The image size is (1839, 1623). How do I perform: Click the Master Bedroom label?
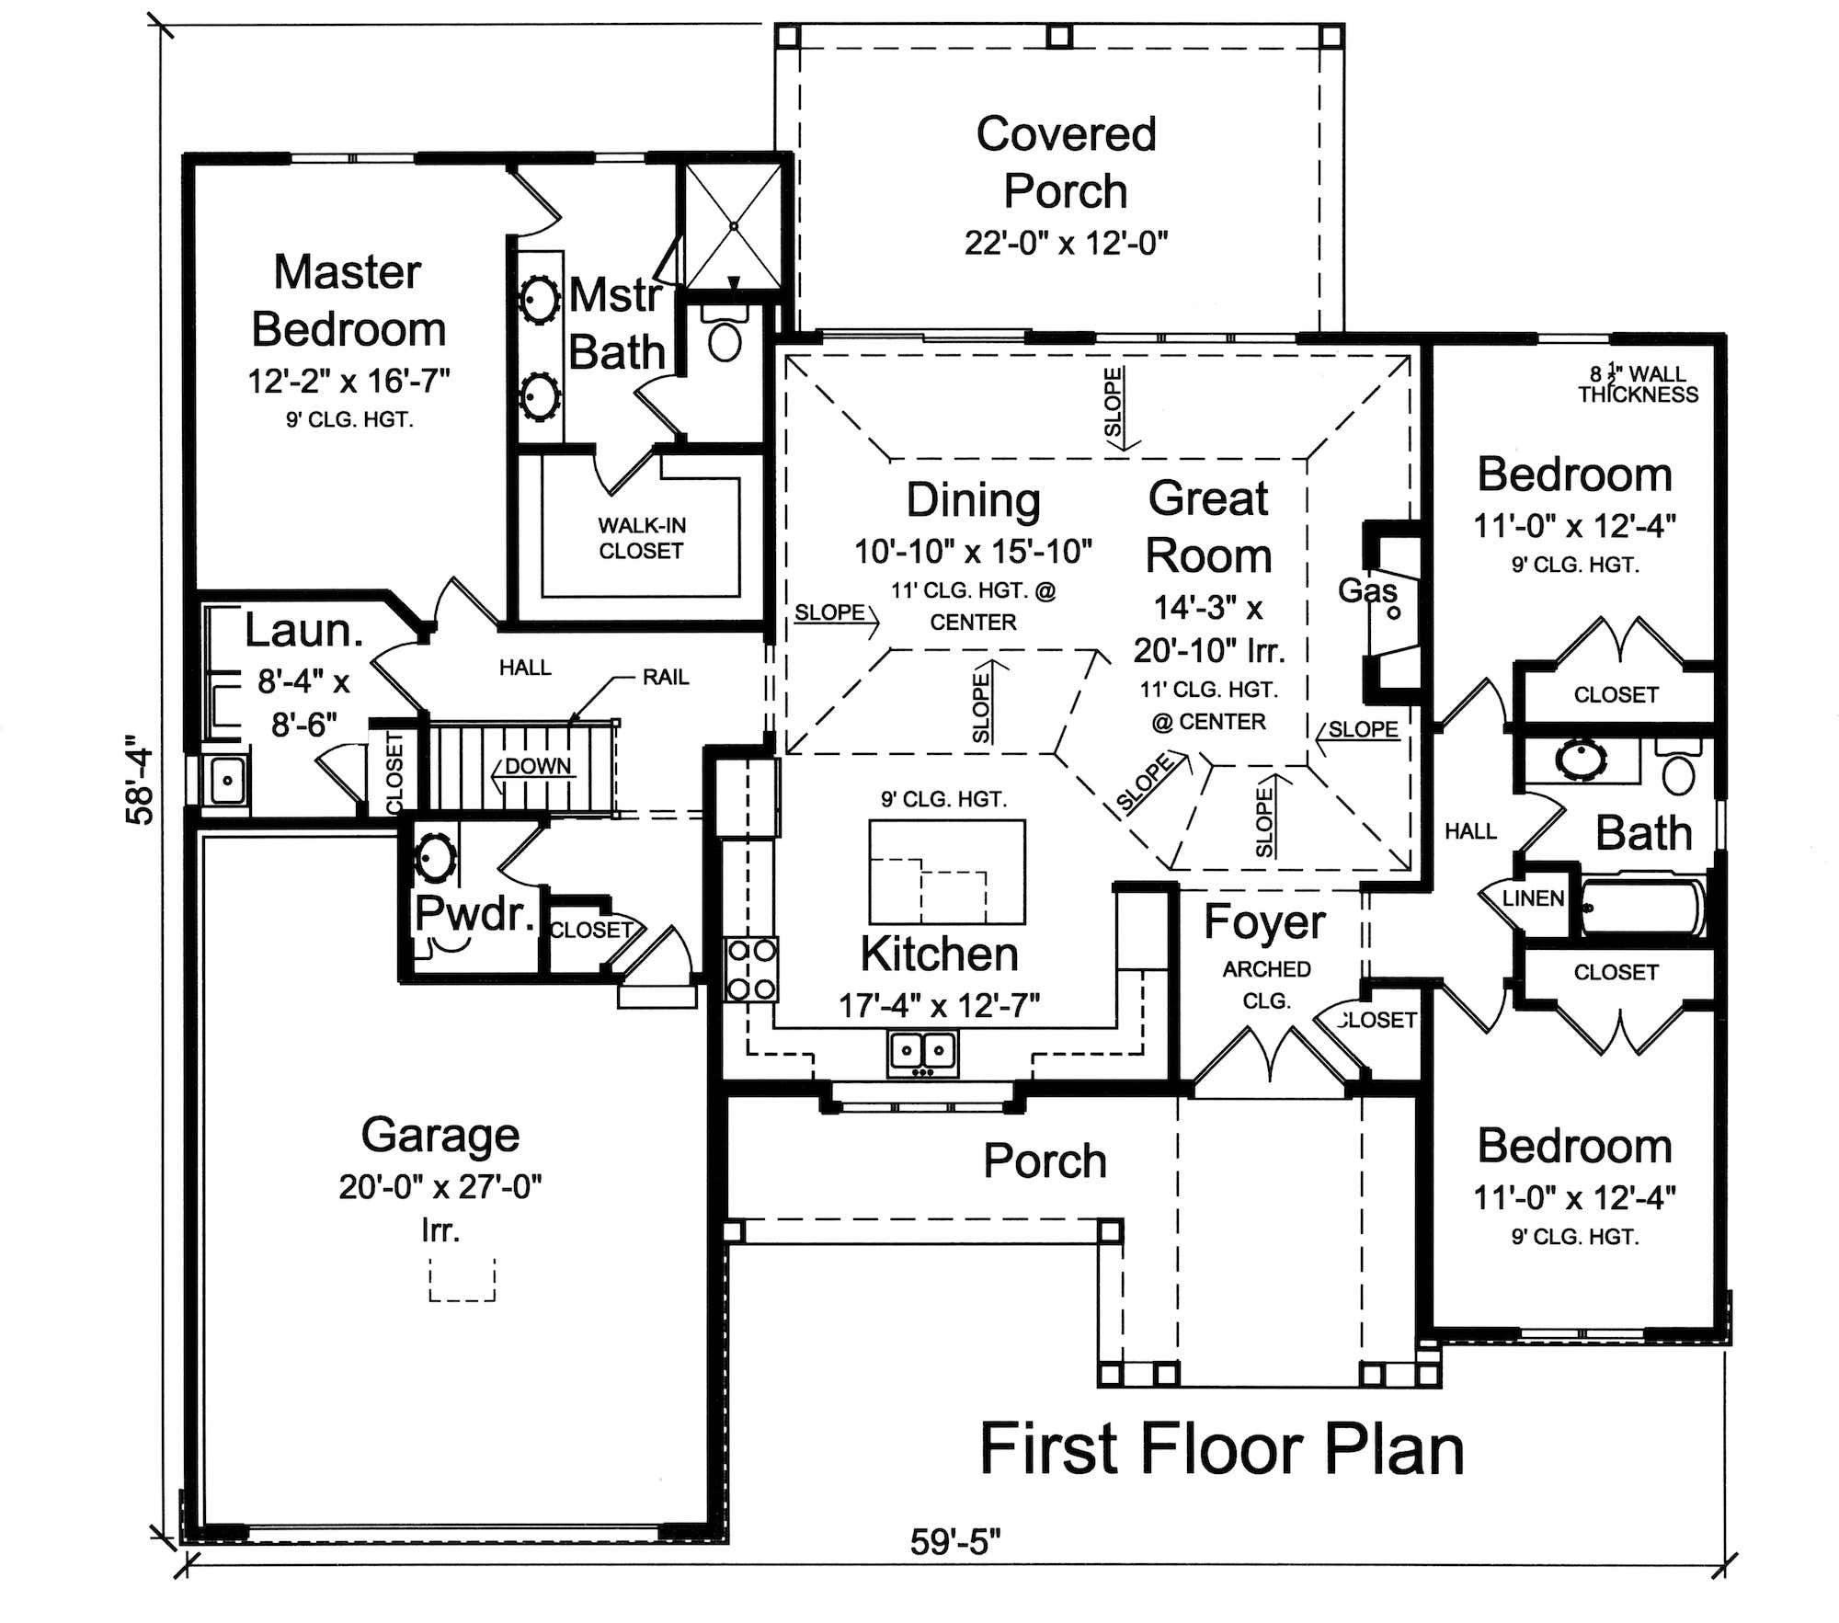348,301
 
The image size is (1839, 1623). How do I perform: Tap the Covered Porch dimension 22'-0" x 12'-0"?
1066,244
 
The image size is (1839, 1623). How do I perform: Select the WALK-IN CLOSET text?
641,538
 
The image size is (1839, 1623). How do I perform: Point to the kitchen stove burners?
751,969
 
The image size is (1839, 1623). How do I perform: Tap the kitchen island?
946,872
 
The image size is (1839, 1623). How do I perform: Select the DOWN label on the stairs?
538,766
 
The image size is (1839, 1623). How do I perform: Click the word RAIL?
665,678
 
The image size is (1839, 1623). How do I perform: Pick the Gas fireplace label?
1366,590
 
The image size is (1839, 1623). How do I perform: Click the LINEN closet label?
1532,898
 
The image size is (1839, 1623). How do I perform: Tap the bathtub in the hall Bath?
1641,908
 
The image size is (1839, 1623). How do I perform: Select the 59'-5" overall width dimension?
954,1542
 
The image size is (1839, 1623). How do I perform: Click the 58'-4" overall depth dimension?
140,779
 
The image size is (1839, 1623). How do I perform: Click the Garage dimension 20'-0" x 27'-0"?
440,1187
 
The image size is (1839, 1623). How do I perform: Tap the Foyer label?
1264,921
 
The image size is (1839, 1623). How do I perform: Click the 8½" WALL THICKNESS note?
1638,384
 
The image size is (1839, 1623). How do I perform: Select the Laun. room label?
303,631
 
